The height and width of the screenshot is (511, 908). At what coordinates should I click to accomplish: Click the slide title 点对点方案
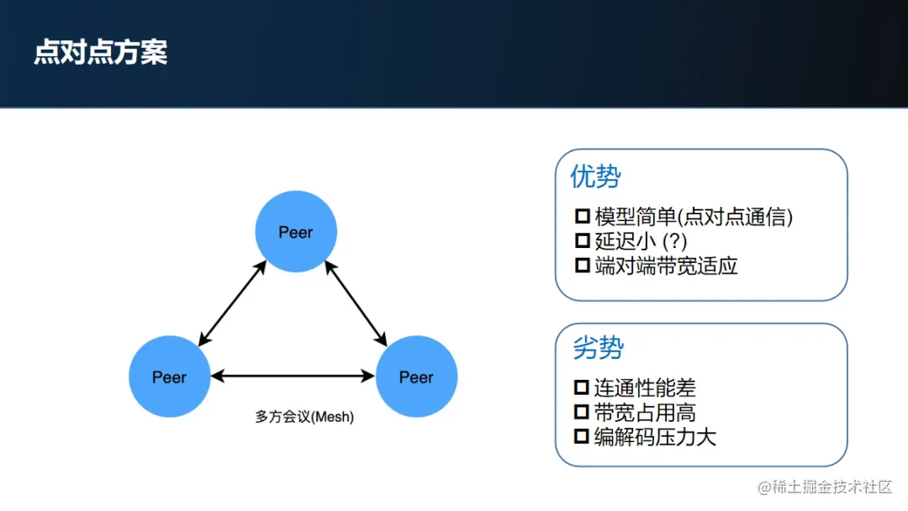tap(101, 52)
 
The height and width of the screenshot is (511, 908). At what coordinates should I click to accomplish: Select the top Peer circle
tap(296, 232)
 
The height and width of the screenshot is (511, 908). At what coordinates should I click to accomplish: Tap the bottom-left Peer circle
tap(169, 377)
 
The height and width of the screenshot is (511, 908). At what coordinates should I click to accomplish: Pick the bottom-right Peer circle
tap(416, 377)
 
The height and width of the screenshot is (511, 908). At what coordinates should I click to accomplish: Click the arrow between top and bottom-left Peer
tap(232, 303)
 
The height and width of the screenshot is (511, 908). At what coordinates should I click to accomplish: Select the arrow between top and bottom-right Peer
tap(356, 303)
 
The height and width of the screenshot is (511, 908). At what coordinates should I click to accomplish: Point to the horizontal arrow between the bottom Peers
tap(293, 377)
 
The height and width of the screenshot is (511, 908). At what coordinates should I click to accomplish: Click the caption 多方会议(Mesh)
tap(304, 416)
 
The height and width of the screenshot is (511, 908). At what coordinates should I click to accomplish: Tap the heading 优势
tap(595, 176)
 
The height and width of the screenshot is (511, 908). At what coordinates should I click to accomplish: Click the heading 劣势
tap(598, 347)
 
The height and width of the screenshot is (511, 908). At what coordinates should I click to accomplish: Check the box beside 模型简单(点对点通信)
tap(582, 217)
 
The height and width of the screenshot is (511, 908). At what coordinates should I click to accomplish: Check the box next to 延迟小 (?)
tap(582, 241)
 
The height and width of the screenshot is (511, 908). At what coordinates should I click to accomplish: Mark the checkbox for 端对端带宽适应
tap(582, 266)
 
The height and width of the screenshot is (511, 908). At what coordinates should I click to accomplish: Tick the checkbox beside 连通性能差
tap(582, 388)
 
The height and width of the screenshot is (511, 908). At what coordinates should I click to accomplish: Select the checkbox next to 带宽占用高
tap(582, 413)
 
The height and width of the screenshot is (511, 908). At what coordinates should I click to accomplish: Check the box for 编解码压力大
tap(582, 437)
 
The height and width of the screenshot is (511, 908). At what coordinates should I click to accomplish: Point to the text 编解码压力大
tap(655, 437)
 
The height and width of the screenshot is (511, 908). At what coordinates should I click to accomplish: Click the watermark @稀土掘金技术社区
tap(825, 487)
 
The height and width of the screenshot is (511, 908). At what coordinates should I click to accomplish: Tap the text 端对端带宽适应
tap(666, 266)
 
